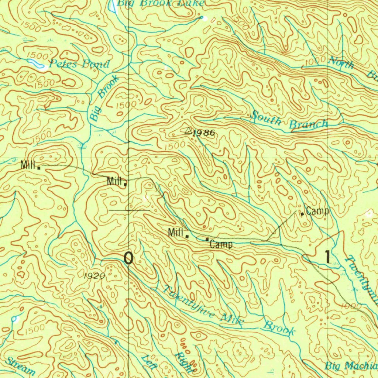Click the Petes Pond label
80,64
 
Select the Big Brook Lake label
161,3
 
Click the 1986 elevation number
203,133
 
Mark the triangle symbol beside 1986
188,131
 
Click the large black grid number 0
128,258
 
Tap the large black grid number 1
327,257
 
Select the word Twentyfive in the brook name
189,302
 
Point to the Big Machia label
351,366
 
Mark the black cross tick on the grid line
129,210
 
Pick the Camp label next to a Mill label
221,244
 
